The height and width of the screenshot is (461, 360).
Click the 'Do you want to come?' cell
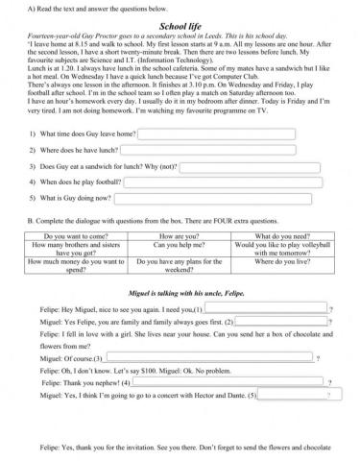72,235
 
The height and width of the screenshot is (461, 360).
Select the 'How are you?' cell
180,235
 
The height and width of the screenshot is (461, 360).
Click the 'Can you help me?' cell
180,245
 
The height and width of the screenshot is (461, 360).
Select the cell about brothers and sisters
72,250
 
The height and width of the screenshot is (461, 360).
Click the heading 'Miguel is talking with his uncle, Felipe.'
180,290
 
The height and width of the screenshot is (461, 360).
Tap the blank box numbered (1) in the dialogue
266,309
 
